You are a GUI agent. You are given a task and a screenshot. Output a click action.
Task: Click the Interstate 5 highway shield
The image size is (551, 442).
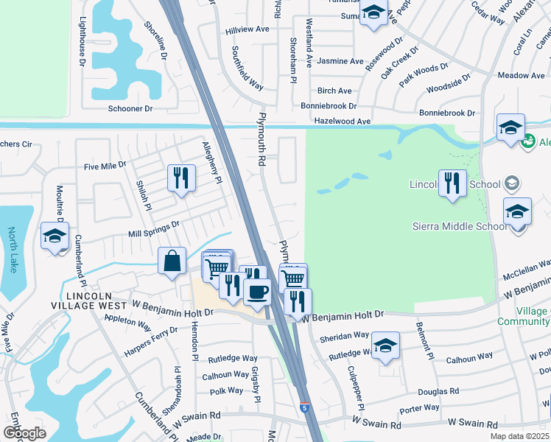click(304, 407)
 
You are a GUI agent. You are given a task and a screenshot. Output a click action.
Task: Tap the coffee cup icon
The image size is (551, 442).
click(256, 290)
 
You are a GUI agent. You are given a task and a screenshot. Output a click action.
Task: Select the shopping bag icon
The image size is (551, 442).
click(172, 261)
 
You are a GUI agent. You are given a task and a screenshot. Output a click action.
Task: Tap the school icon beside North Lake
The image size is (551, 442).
click(55, 236)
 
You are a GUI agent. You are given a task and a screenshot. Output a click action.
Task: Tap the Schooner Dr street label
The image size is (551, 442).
click(130, 108)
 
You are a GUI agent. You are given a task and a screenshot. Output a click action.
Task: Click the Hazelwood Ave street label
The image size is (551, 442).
click(342, 121)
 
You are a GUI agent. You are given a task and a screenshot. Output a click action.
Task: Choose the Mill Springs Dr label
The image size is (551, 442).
click(154, 228)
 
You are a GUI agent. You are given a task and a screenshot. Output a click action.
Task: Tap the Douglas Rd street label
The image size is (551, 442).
click(439, 391)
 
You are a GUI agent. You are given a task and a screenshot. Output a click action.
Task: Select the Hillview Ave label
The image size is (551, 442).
click(248, 29)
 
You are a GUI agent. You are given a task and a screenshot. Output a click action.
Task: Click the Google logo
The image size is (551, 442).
click(24, 433)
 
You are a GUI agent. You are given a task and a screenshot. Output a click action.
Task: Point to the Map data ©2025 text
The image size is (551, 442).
click(520, 436)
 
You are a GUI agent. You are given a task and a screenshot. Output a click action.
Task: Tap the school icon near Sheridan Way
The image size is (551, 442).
click(385, 345)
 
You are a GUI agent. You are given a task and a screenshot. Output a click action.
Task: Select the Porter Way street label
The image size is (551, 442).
click(419, 408)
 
